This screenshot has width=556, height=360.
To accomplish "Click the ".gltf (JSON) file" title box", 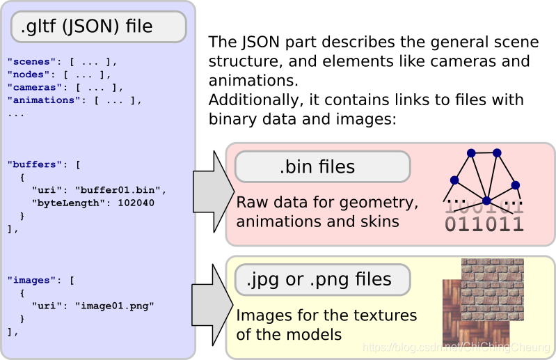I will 98,27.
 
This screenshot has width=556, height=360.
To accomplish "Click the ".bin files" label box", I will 322,167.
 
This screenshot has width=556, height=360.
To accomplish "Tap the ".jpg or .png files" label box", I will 322,279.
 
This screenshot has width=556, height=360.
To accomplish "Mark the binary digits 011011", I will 484,224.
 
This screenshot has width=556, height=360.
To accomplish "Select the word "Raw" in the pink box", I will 251,203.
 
